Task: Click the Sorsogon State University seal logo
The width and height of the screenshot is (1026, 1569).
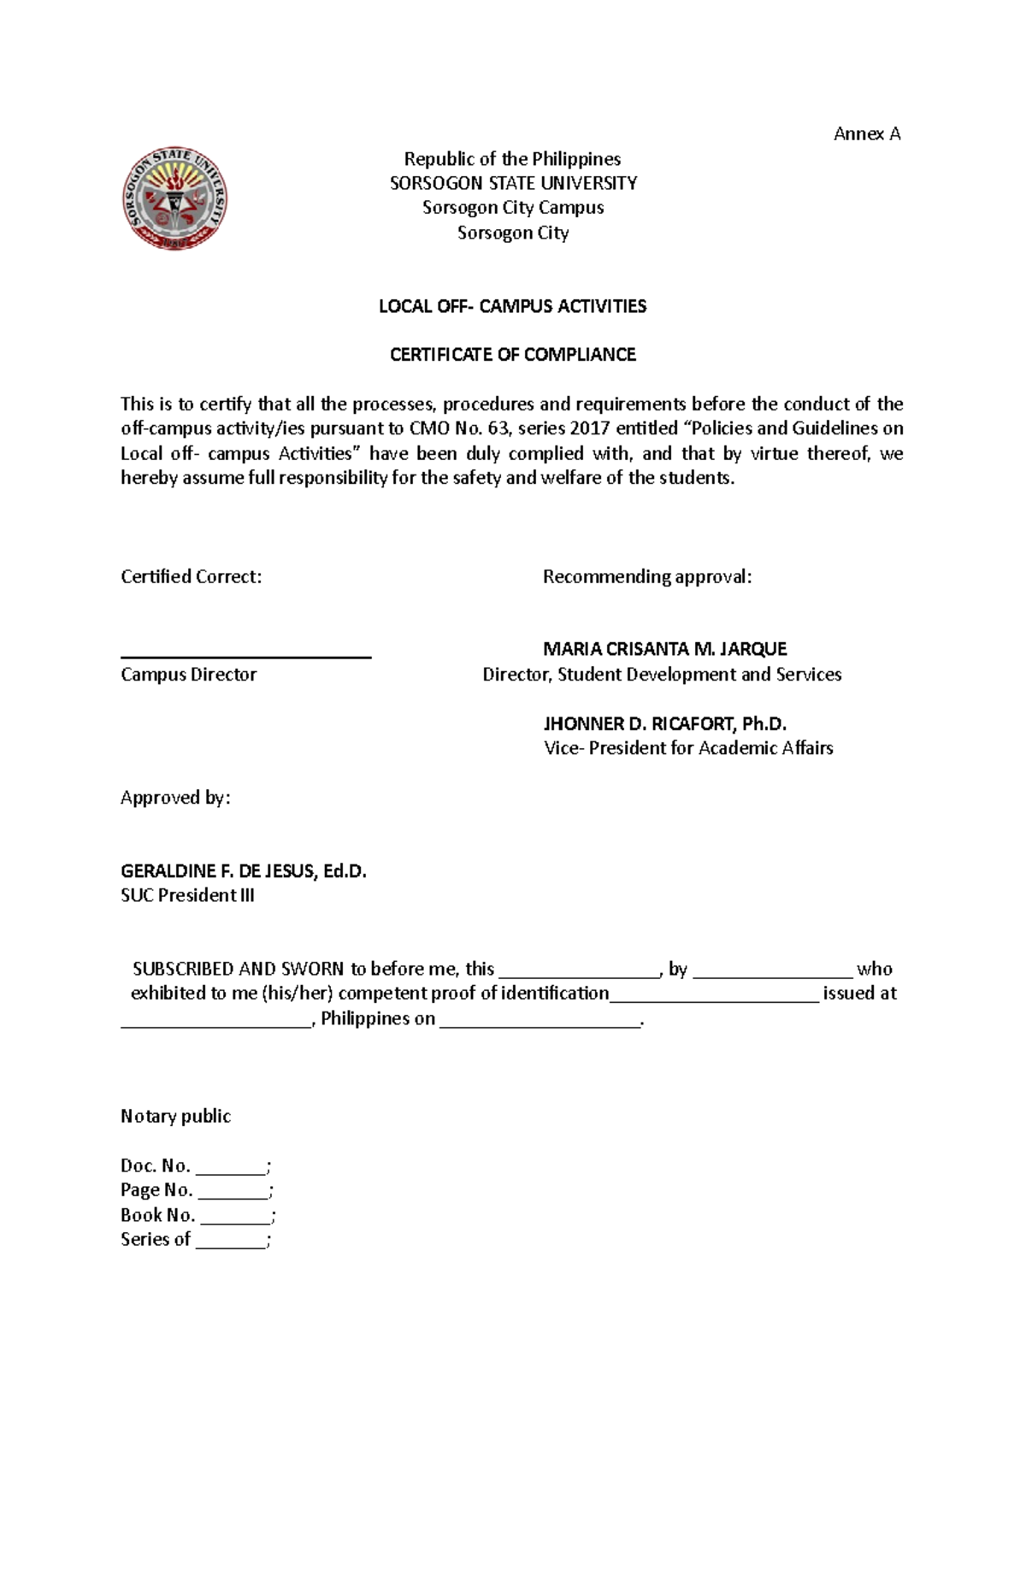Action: click(x=174, y=198)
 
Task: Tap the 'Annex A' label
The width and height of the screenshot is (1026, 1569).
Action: click(x=867, y=133)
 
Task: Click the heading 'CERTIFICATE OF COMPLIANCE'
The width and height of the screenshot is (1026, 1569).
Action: click(x=513, y=355)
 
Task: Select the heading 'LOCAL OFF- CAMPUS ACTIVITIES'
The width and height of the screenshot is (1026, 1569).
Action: click(x=513, y=306)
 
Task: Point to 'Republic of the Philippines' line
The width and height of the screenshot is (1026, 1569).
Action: click(x=513, y=159)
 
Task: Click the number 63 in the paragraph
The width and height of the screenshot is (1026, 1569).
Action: click(x=498, y=428)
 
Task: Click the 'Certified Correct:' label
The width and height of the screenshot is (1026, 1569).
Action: click(x=191, y=577)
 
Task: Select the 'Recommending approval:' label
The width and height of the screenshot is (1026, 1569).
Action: click(x=647, y=577)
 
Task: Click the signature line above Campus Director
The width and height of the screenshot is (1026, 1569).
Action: click(x=245, y=656)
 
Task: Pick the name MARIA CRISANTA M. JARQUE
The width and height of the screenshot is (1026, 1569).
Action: click(x=664, y=649)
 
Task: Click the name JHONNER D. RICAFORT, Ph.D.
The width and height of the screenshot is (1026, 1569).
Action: click(x=664, y=724)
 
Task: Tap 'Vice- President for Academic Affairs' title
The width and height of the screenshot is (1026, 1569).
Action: click(x=688, y=748)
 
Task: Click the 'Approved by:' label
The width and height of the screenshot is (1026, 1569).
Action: click(x=175, y=798)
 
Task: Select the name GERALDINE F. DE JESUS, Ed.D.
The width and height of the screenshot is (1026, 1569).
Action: click(x=244, y=871)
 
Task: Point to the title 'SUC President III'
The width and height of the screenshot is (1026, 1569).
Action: click(x=187, y=896)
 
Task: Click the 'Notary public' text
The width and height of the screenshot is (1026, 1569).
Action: click(x=175, y=1117)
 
